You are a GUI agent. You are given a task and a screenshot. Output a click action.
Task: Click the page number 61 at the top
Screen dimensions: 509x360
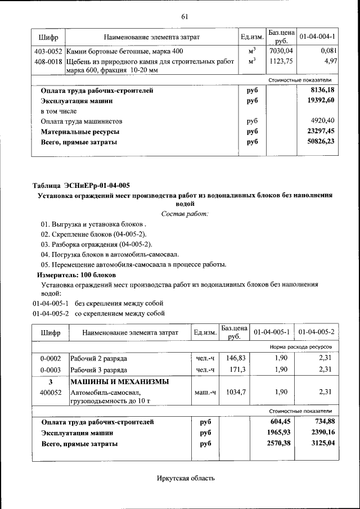point(184,16)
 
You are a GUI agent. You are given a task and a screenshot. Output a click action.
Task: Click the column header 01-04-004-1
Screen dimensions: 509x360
point(317,37)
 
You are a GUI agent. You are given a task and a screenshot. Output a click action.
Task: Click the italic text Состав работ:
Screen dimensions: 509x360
point(184,214)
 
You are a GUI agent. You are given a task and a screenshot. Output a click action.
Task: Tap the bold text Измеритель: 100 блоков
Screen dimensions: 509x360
point(76,275)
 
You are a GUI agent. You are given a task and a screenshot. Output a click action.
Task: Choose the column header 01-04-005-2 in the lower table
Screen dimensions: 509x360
point(317,333)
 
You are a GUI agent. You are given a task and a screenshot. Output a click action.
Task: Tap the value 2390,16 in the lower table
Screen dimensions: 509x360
point(318,433)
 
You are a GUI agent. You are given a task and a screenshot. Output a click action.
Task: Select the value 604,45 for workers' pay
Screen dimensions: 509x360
point(278,422)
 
